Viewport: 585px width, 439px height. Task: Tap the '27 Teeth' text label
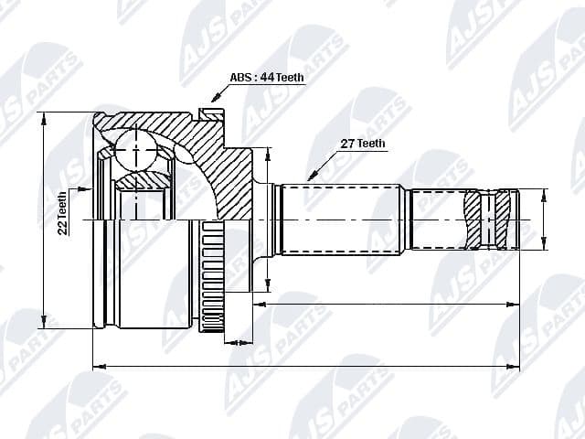pyautogui.click(x=362, y=144)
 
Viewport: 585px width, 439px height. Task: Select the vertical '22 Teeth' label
pyautogui.click(x=62, y=213)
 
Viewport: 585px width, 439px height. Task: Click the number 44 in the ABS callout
pyautogui.click(x=267, y=78)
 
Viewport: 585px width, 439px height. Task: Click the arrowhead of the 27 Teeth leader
pyautogui.click(x=312, y=177)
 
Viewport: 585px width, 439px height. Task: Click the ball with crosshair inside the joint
pyautogui.click(x=135, y=148)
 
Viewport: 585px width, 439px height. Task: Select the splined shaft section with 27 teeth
pyautogui.click(x=342, y=219)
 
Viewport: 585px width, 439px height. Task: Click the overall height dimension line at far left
pyautogui.click(x=42, y=219)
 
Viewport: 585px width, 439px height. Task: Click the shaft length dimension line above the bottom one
pyautogui.click(x=384, y=302)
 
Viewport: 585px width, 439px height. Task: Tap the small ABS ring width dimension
pyautogui.click(x=236, y=343)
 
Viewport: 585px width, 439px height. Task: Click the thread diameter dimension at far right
pyautogui.click(x=545, y=219)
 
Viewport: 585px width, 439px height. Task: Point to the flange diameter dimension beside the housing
pyautogui.click(x=266, y=219)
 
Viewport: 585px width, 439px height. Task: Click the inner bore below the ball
pyautogui.click(x=137, y=203)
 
